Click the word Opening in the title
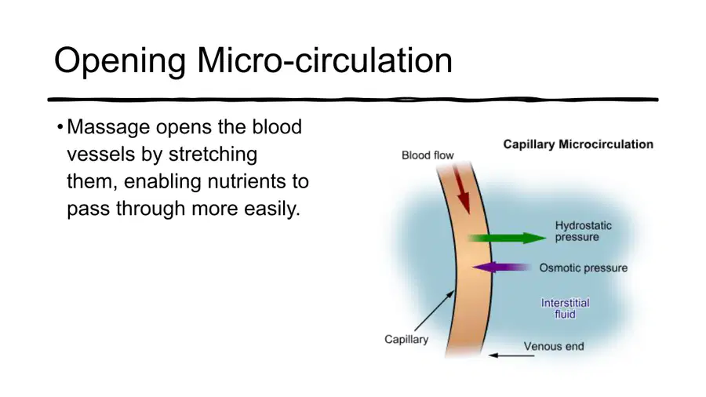click(120, 61)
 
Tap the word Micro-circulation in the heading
click(325, 60)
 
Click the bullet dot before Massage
click(60, 127)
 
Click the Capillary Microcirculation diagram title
click(578, 144)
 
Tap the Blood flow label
click(428, 155)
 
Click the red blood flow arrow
click(462, 189)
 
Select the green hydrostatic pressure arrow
click(507, 238)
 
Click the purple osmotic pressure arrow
click(500, 268)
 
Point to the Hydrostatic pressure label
click(583, 231)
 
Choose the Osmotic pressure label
click(583, 268)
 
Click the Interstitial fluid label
click(565, 308)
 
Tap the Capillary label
click(406, 340)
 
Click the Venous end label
click(554, 346)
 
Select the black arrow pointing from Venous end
click(511, 355)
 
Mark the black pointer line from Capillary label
click(434, 311)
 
